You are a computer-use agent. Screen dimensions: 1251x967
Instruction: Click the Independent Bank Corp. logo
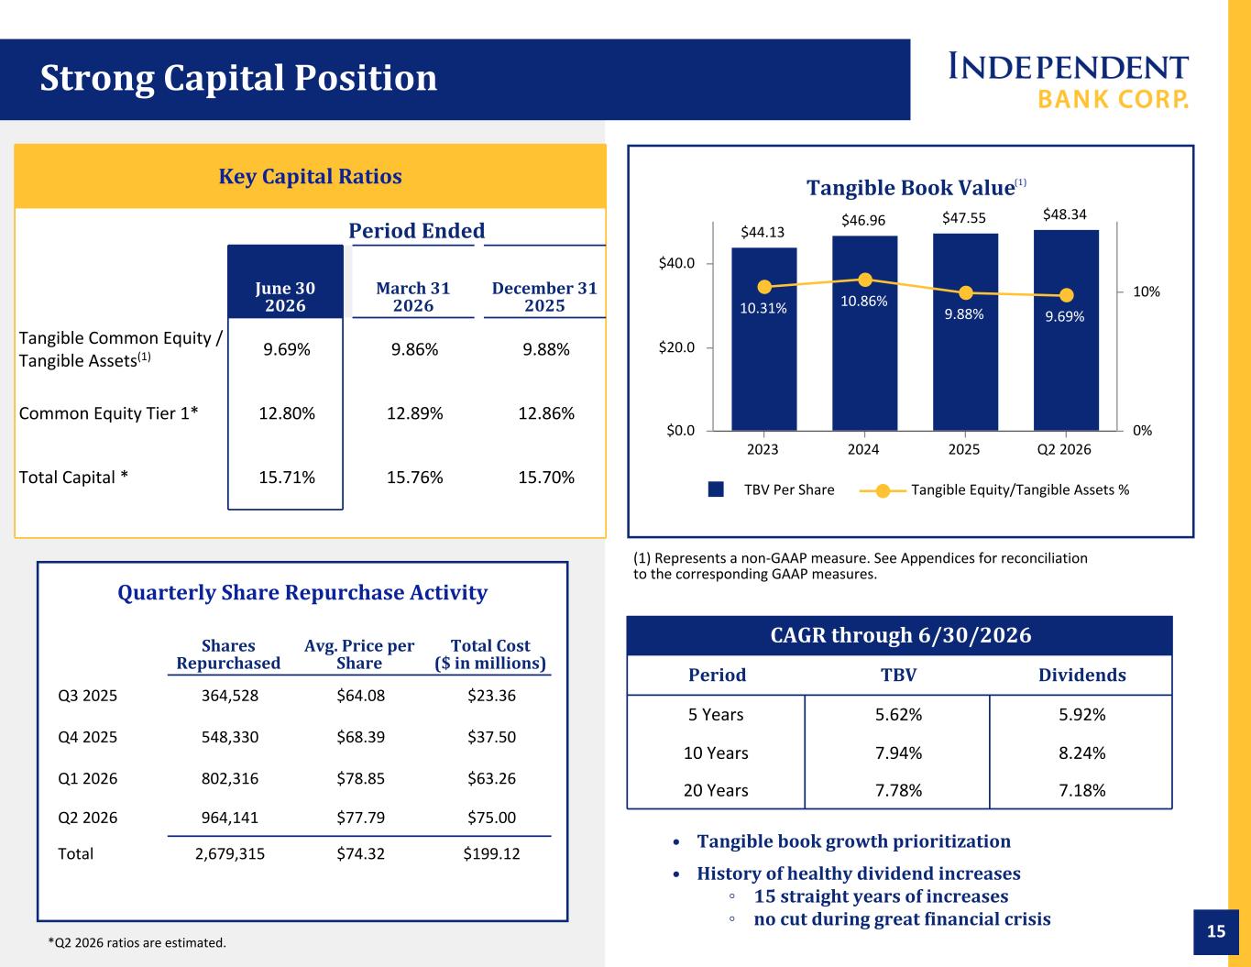pyautogui.click(x=1068, y=81)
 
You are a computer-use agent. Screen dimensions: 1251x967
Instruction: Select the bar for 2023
pyautogui.click(x=764, y=339)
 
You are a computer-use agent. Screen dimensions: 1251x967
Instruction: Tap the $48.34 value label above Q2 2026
pyautogui.click(x=1064, y=214)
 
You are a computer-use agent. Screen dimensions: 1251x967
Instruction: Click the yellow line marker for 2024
pyautogui.click(x=865, y=280)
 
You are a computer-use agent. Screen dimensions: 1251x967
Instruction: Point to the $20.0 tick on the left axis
pyautogui.click(x=676, y=347)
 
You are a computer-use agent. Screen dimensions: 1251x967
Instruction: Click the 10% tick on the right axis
pyautogui.click(x=1147, y=291)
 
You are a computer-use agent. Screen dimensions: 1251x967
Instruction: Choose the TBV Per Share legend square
pyautogui.click(x=716, y=489)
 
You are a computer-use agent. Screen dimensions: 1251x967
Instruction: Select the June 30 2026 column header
pyautogui.click(x=286, y=296)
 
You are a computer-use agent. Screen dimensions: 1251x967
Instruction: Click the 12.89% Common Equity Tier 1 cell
pyautogui.click(x=414, y=413)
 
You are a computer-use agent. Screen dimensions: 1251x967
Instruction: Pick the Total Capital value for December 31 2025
pyautogui.click(x=545, y=478)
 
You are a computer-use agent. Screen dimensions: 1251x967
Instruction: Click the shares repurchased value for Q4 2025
pyautogui.click(x=230, y=737)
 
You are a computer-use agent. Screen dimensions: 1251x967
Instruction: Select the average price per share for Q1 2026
pyautogui.click(x=360, y=778)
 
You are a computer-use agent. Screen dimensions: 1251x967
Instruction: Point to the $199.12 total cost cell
pyautogui.click(x=491, y=853)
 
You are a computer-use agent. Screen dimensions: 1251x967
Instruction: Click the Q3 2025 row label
pyautogui.click(x=87, y=696)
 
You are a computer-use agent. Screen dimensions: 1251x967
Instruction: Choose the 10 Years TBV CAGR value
pyautogui.click(x=898, y=753)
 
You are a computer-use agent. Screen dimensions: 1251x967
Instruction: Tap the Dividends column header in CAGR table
pyautogui.click(x=1081, y=675)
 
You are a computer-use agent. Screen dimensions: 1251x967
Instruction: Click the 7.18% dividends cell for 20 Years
pyautogui.click(x=1081, y=790)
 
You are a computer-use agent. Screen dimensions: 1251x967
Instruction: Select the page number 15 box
pyautogui.click(x=1216, y=932)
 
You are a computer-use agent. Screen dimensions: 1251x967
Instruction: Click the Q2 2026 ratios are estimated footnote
pyautogui.click(x=137, y=943)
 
